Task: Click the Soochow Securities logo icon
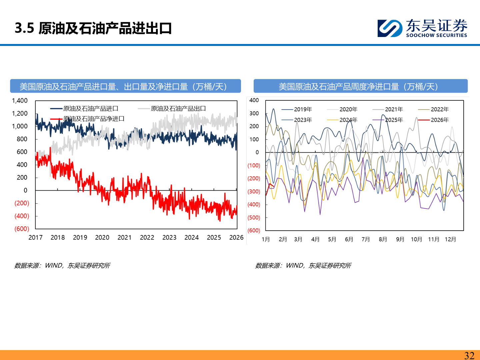(x=390, y=28)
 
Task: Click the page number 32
(x=469, y=355)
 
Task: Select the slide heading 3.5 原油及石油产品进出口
(x=93, y=28)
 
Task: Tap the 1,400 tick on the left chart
(x=20, y=101)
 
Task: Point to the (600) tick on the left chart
(x=22, y=229)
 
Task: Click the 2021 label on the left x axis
(x=124, y=237)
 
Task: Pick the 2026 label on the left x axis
(x=236, y=237)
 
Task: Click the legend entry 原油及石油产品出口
(x=178, y=109)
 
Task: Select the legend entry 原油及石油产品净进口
(x=94, y=119)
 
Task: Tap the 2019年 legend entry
(x=303, y=109)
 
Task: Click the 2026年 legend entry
(x=439, y=120)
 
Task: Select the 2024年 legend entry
(x=348, y=120)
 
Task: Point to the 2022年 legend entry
(x=439, y=109)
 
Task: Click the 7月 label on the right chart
(x=366, y=239)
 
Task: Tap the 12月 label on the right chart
(x=450, y=239)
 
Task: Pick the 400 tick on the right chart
(x=254, y=100)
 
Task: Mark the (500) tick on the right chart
(x=254, y=218)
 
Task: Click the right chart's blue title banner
(x=360, y=86)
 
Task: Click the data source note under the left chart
(x=62, y=265)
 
